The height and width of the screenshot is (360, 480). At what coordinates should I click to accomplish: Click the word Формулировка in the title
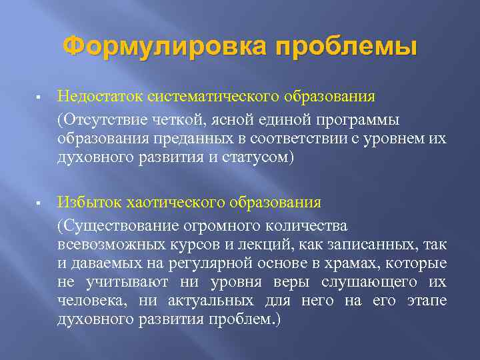163,47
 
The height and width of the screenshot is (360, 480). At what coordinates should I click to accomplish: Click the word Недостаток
96,97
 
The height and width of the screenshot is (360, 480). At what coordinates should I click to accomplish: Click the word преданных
180,139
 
